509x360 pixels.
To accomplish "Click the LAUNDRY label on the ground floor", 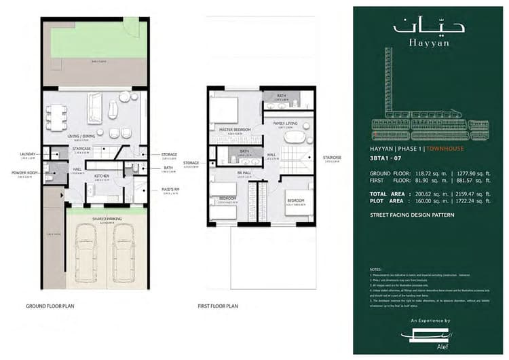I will tap(27, 154).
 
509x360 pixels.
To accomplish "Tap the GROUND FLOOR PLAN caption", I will tap(50, 306).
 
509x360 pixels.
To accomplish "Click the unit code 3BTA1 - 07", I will tap(381, 158).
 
